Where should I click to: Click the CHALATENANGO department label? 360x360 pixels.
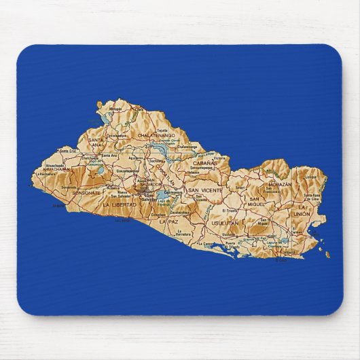[157, 135]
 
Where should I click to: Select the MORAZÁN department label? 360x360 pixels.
[278, 184]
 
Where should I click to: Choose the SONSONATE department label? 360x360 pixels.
[86, 192]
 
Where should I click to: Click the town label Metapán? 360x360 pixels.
[117, 109]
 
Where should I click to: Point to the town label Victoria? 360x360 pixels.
[218, 159]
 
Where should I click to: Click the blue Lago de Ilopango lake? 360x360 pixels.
[163, 198]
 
